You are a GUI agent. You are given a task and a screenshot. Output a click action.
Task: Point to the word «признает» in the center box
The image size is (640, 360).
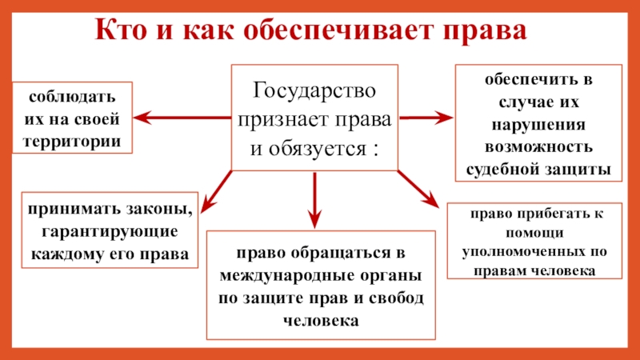pos(294,118)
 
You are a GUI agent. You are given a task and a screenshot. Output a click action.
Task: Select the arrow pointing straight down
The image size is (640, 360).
pos(314,199)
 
